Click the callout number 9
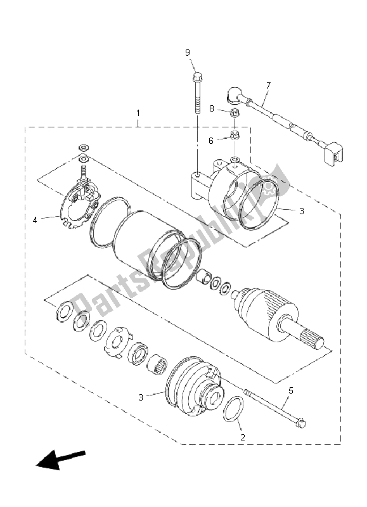(188, 53)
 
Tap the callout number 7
(268, 85)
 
